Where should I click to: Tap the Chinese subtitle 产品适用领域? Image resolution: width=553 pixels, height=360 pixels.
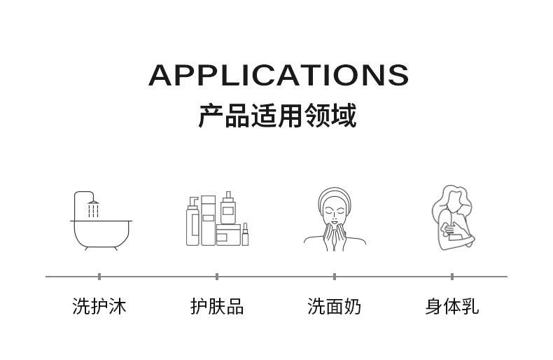pos(277,116)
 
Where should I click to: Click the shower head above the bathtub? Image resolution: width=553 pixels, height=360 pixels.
pos(93,202)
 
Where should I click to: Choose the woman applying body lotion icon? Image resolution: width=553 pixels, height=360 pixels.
pos(451,218)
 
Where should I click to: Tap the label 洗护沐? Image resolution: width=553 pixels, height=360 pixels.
pos(99,306)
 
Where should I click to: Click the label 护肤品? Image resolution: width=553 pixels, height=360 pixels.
pos(217,306)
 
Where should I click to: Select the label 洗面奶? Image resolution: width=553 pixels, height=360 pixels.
pos(335,306)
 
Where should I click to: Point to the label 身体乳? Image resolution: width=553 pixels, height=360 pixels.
pos(452,306)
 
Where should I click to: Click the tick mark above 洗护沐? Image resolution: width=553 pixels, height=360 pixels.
pos(99,277)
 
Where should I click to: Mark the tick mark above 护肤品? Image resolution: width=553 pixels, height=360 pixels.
pos(217,277)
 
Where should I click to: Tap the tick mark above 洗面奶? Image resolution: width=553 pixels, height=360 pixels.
pos(335,277)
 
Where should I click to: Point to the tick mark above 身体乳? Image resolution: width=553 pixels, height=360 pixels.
pos(452,277)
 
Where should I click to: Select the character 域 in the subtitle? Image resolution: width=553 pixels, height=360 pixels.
pos(344,116)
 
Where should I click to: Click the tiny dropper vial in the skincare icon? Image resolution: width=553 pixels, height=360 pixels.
pos(246,234)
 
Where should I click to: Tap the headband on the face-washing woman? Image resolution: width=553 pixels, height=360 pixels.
pos(335,193)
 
